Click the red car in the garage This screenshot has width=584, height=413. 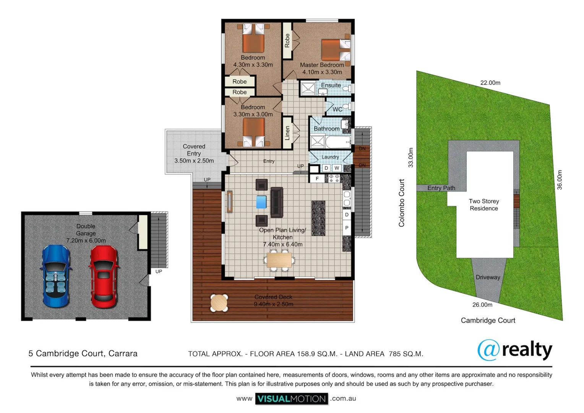point(104,276)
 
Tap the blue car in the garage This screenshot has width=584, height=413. point(56,276)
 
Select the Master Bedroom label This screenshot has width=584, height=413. point(322,65)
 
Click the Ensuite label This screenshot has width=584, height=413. point(331,85)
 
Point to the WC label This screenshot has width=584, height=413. point(337,109)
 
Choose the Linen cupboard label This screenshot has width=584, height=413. point(287,133)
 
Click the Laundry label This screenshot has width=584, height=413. point(330,157)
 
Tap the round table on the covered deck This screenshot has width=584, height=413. point(219,302)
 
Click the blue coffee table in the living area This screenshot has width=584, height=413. point(261,202)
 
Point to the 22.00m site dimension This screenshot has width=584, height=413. point(490,83)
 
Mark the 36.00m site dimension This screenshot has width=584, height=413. point(560,180)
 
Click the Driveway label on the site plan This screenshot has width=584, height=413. point(488,277)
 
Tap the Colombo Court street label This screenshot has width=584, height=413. point(402,203)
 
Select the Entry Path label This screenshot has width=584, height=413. point(441,188)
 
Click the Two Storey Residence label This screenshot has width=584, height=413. point(484,205)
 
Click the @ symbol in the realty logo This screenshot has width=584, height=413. point(488,350)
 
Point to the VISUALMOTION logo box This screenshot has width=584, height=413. point(292,399)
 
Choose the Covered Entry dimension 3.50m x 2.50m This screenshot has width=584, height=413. point(194,161)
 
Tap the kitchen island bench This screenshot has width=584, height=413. point(318,218)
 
